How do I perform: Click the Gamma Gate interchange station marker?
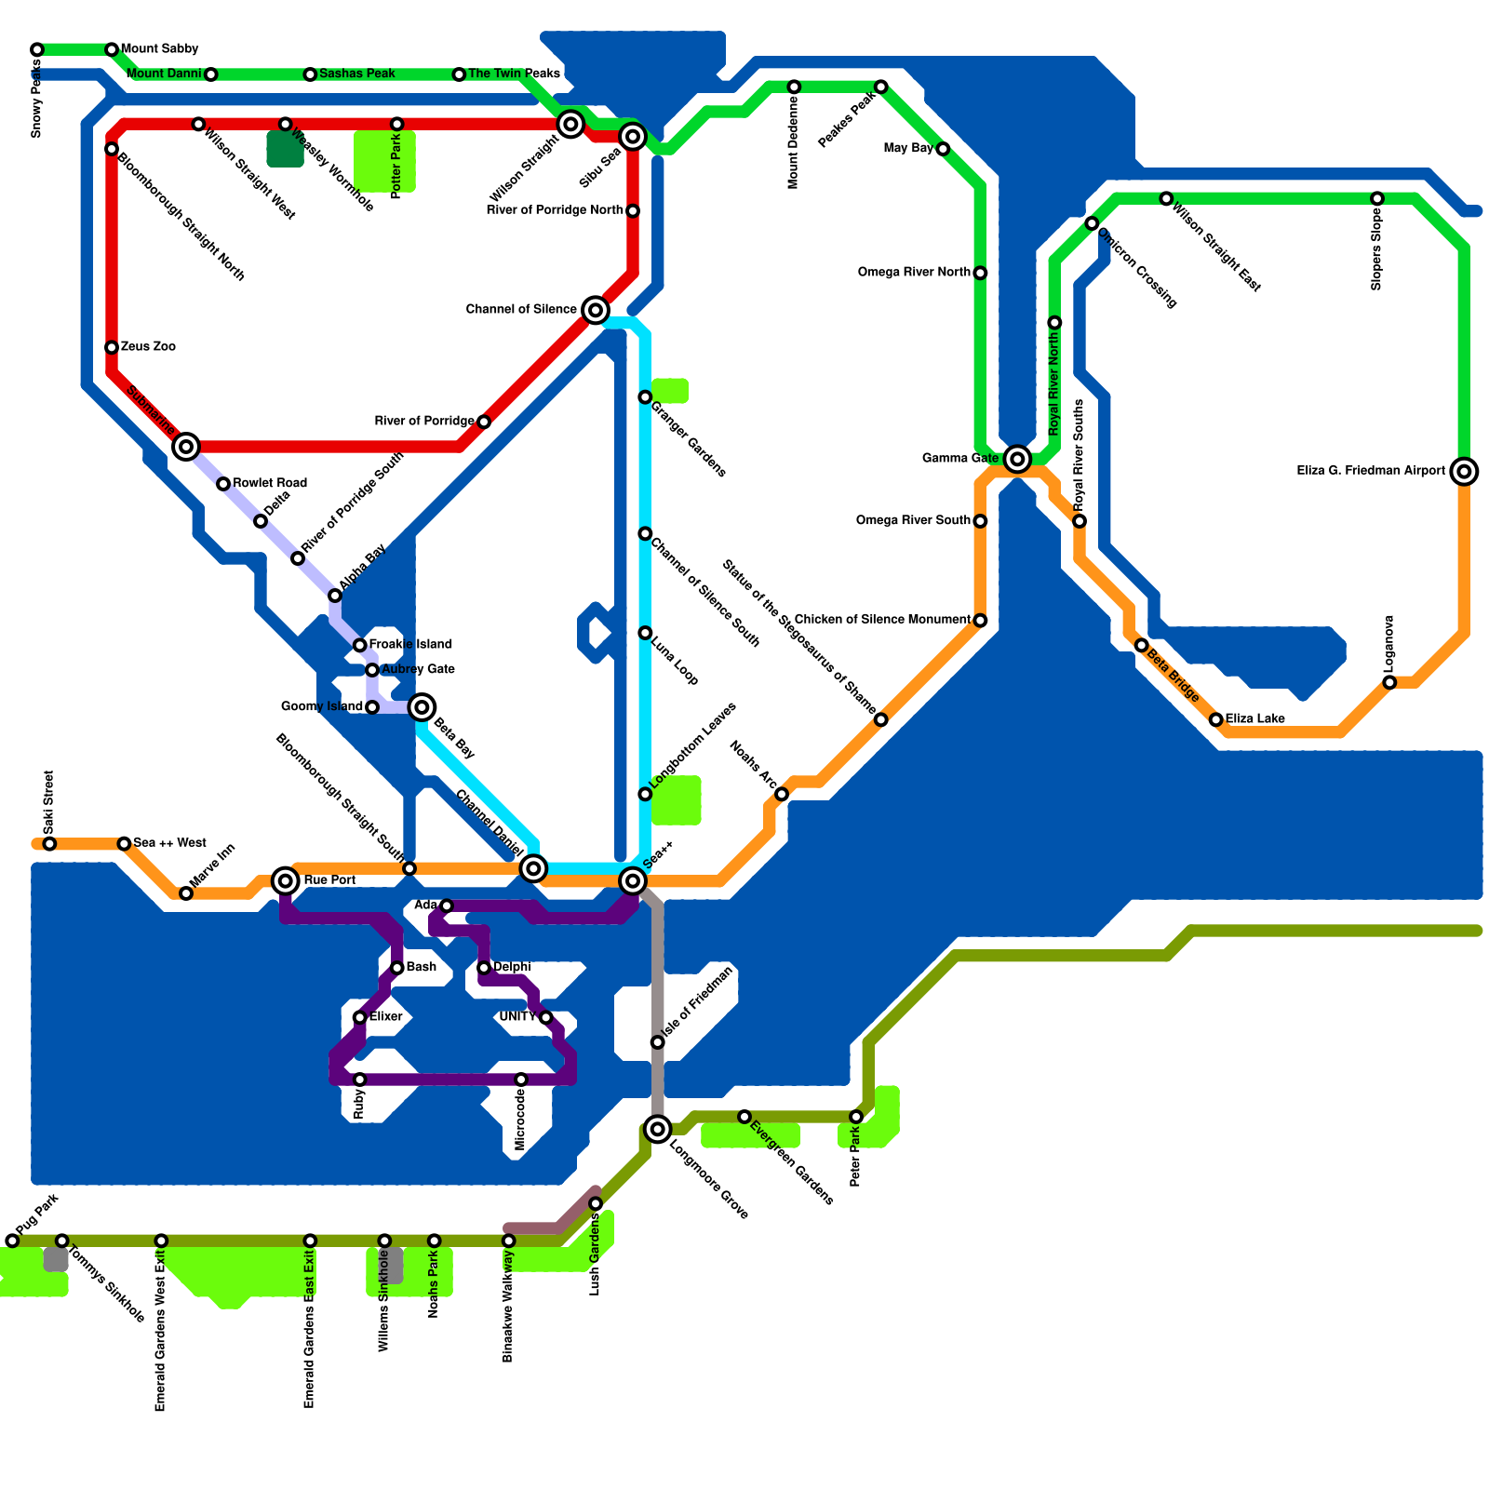(x=1017, y=459)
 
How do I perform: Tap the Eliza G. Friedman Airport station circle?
(x=1464, y=472)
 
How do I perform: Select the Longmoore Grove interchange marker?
(x=658, y=1130)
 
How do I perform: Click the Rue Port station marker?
(x=286, y=880)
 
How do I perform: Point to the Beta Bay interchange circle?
(x=422, y=707)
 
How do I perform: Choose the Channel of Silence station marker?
(x=596, y=310)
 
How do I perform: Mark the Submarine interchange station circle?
(x=186, y=447)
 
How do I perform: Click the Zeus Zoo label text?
(x=148, y=347)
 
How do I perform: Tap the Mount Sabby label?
(x=159, y=49)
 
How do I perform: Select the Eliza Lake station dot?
(x=1215, y=719)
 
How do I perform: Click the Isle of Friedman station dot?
(x=657, y=1042)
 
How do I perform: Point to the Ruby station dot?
(x=359, y=1080)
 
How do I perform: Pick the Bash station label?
(x=421, y=968)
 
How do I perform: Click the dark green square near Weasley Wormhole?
(x=285, y=149)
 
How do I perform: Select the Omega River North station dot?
(x=980, y=273)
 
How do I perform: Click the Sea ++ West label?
(x=169, y=843)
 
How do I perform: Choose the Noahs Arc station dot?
(x=782, y=794)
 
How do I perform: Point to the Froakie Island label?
(x=410, y=645)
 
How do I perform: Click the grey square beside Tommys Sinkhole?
(x=56, y=1259)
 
